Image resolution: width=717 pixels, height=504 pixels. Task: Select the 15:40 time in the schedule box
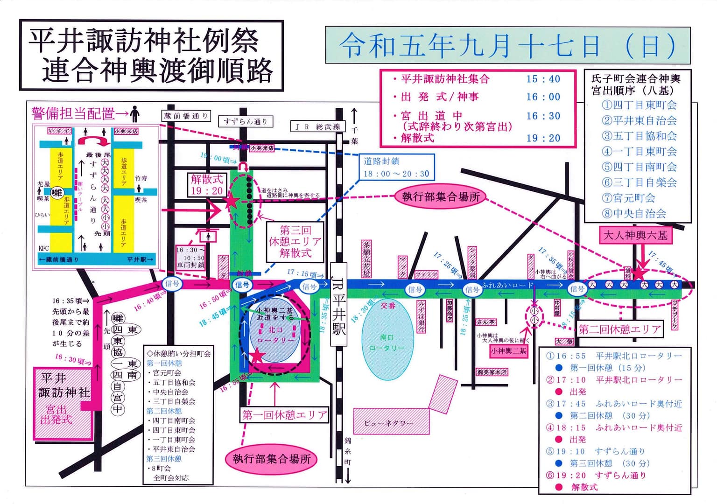click(543, 79)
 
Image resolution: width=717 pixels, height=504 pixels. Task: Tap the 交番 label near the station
click(387, 306)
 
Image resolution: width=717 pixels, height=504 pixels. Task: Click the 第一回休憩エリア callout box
click(284, 415)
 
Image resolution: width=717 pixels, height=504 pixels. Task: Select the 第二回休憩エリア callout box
click(620, 329)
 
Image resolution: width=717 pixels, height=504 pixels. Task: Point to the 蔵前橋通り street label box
click(186, 116)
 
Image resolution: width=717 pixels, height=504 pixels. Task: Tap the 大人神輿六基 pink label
click(635, 235)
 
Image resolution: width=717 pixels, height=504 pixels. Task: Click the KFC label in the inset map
click(43, 248)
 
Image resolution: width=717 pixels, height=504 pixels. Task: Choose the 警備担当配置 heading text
click(73, 113)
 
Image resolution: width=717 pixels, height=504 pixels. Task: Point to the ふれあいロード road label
click(507, 285)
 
